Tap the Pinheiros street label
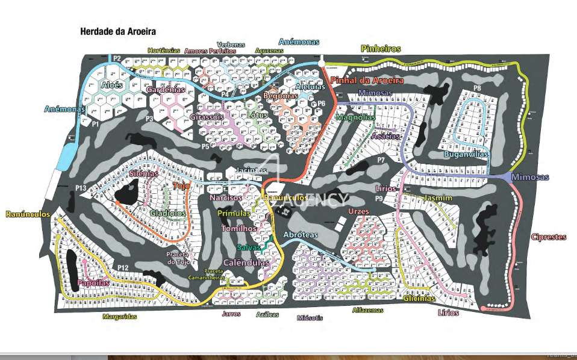(x=380, y=48)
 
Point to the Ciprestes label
(x=548, y=237)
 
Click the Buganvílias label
(x=467, y=154)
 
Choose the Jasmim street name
(x=438, y=198)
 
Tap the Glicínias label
(x=419, y=299)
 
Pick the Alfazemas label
(x=367, y=310)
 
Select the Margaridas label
(x=119, y=316)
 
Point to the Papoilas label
(x=93, y=283)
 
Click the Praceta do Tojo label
(x=178, y=258)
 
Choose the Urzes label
(x=358, y=212)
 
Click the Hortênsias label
(x=164, y=51)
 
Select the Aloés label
(x=113, y=85)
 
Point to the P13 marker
(x=81, y=189)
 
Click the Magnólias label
(x=355, y=117)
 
